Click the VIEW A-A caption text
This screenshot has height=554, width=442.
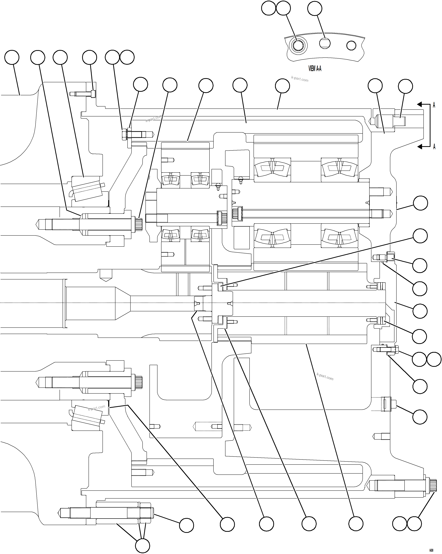315,69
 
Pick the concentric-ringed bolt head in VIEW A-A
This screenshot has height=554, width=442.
299,46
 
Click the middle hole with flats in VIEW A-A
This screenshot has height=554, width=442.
325,43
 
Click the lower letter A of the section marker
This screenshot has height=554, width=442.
434,147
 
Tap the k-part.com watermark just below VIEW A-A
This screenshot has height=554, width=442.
300,79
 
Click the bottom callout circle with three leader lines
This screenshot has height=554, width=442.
142,546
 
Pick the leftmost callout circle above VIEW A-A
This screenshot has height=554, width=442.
268,8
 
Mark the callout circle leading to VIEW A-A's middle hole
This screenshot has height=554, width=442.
315,8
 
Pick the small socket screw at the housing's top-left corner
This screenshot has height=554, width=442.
93,94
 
